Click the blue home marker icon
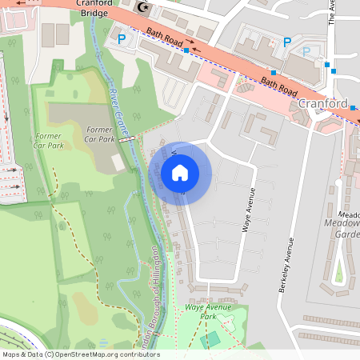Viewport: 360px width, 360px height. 180,172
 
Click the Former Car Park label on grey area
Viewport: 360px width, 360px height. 100,134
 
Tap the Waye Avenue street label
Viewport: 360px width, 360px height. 249,210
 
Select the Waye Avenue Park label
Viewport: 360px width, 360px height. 201,311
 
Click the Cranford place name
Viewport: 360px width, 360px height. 322,104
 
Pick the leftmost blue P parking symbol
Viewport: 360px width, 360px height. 122,38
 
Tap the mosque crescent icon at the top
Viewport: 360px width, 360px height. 144,7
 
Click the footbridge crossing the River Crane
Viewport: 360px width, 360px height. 126,139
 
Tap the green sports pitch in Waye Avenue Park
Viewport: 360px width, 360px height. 210,339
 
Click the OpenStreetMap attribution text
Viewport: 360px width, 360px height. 80,354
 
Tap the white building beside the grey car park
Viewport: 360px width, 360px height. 118,162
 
